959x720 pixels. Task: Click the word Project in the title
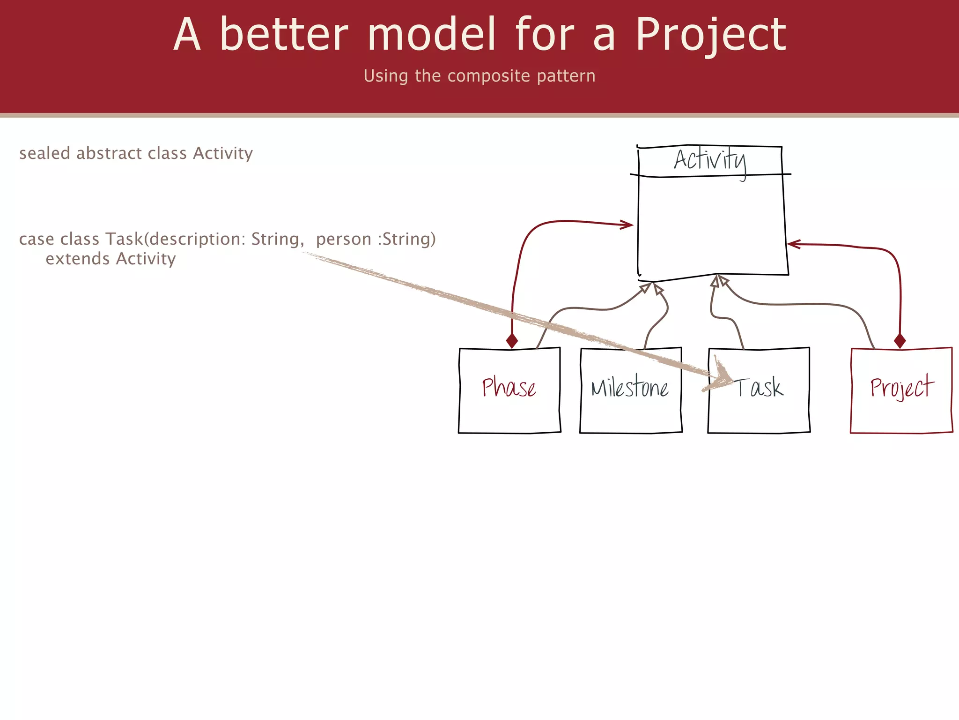[x=710, y=35]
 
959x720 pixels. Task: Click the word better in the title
[x=284, y=35]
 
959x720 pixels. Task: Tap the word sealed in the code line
[x=44, y=153]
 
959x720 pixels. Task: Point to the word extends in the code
[x=78, y=259]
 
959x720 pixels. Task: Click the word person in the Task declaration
[x=343, y=239]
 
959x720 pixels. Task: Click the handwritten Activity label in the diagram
[x=710, y=160]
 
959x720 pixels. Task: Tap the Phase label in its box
[x=509, y=388]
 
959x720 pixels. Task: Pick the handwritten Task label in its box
[x=759, y=388]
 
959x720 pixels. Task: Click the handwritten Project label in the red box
[x=902, y=387]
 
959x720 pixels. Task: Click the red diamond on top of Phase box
[x=512, y=341]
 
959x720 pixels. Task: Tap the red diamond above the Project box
[x=900, y=341]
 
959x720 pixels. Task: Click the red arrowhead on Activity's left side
[x=627, y=225]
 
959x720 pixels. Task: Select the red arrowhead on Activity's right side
[x=793, y=244]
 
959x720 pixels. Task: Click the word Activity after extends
[x=146, y=259]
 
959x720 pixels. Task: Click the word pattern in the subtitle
[x=566, y=76]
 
